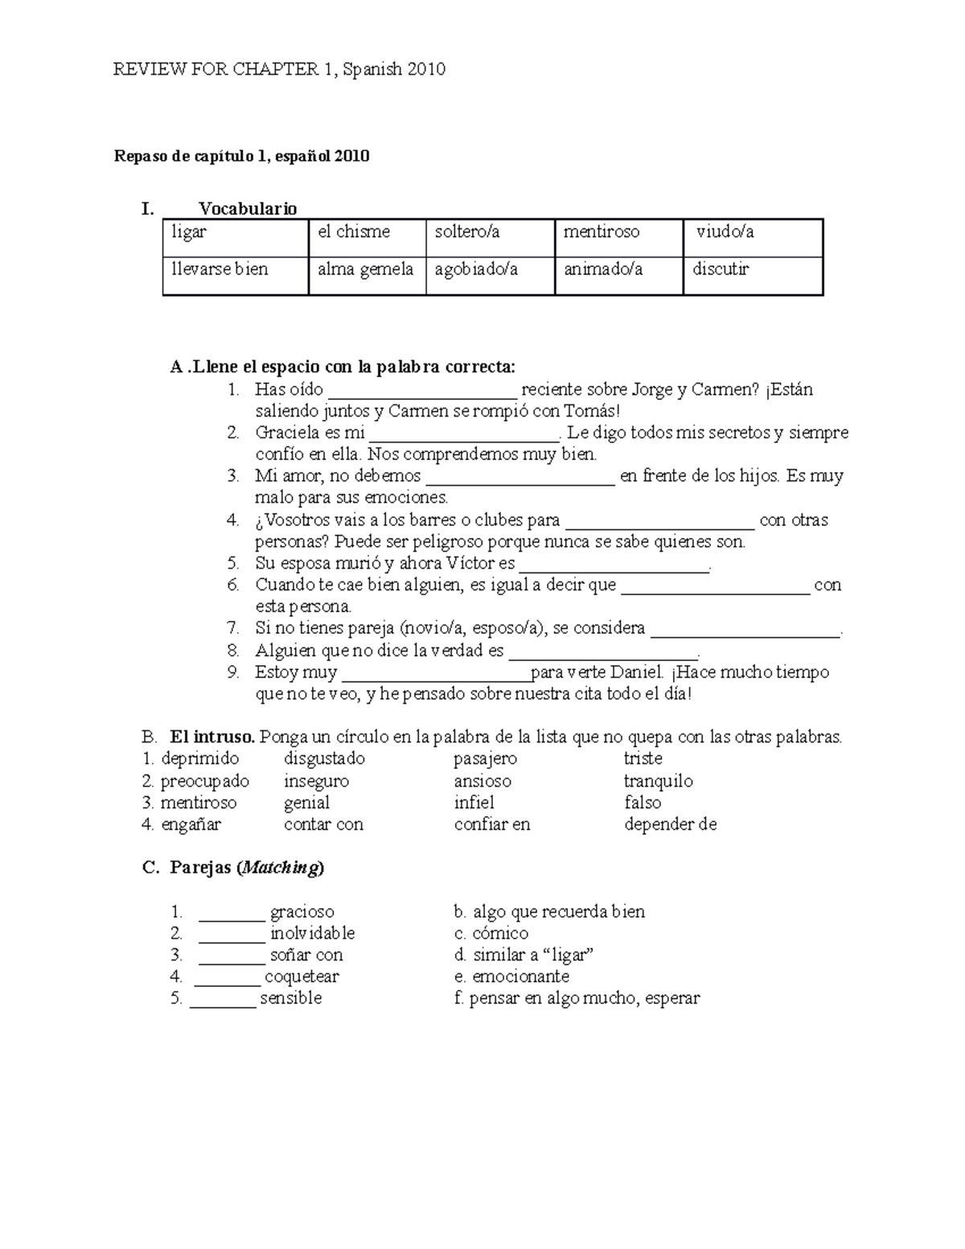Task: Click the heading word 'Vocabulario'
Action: tap(248, 209)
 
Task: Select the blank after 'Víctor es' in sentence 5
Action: tap(614, 565)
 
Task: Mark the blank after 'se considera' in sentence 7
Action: tap(745, 631)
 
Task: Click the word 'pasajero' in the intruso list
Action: tap(485, 758)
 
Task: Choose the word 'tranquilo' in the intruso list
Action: tap(658, 781)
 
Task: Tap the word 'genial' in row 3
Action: tap(306, 803)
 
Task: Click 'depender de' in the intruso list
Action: tap(670, 824)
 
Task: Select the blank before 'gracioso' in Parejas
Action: tap(232, 914)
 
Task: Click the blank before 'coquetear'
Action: tap(228, 980)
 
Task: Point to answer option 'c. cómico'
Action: tap(491, 934)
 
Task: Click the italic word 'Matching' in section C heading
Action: tap(280, 868)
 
